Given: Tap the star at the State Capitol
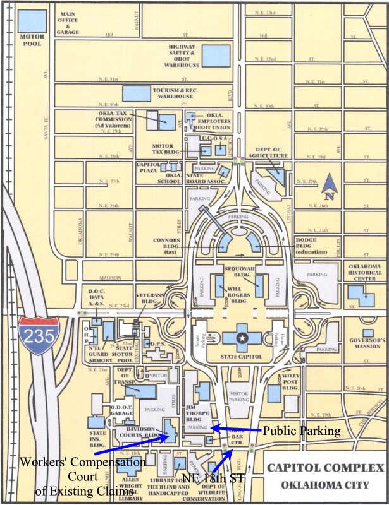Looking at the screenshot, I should pos(240,338).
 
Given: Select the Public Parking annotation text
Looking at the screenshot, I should pos(301,432).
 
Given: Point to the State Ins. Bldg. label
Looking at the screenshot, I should pos(98,439).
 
